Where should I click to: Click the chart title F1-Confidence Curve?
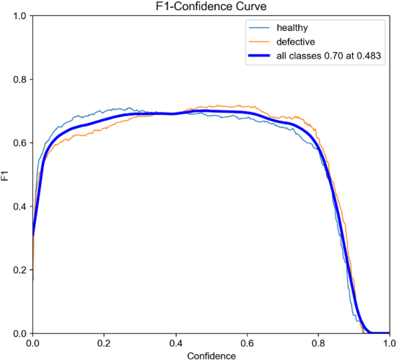(210, 7)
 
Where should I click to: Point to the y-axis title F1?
(7, 175)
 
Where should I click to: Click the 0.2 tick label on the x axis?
(104, 342)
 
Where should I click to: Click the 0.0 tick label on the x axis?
(33, 342)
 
